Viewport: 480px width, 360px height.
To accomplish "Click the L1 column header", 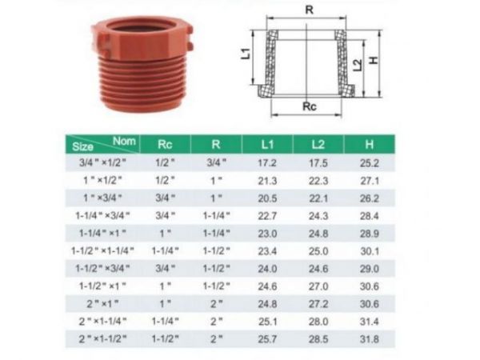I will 267,144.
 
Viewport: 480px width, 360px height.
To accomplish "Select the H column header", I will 369,144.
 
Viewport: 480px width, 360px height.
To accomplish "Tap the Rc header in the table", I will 165,144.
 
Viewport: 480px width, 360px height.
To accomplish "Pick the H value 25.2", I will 369,162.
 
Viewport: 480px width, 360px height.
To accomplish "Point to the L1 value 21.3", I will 267,180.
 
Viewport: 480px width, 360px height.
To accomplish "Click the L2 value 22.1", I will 318,198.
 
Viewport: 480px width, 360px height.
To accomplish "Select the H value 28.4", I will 369,215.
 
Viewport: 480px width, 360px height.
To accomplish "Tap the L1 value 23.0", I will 267,233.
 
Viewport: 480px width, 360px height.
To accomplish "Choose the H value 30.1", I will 369,250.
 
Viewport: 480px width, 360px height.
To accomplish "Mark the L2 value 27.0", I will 318,286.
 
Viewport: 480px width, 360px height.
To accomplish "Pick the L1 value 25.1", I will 267,321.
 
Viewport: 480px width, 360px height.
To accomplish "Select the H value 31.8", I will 369,338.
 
